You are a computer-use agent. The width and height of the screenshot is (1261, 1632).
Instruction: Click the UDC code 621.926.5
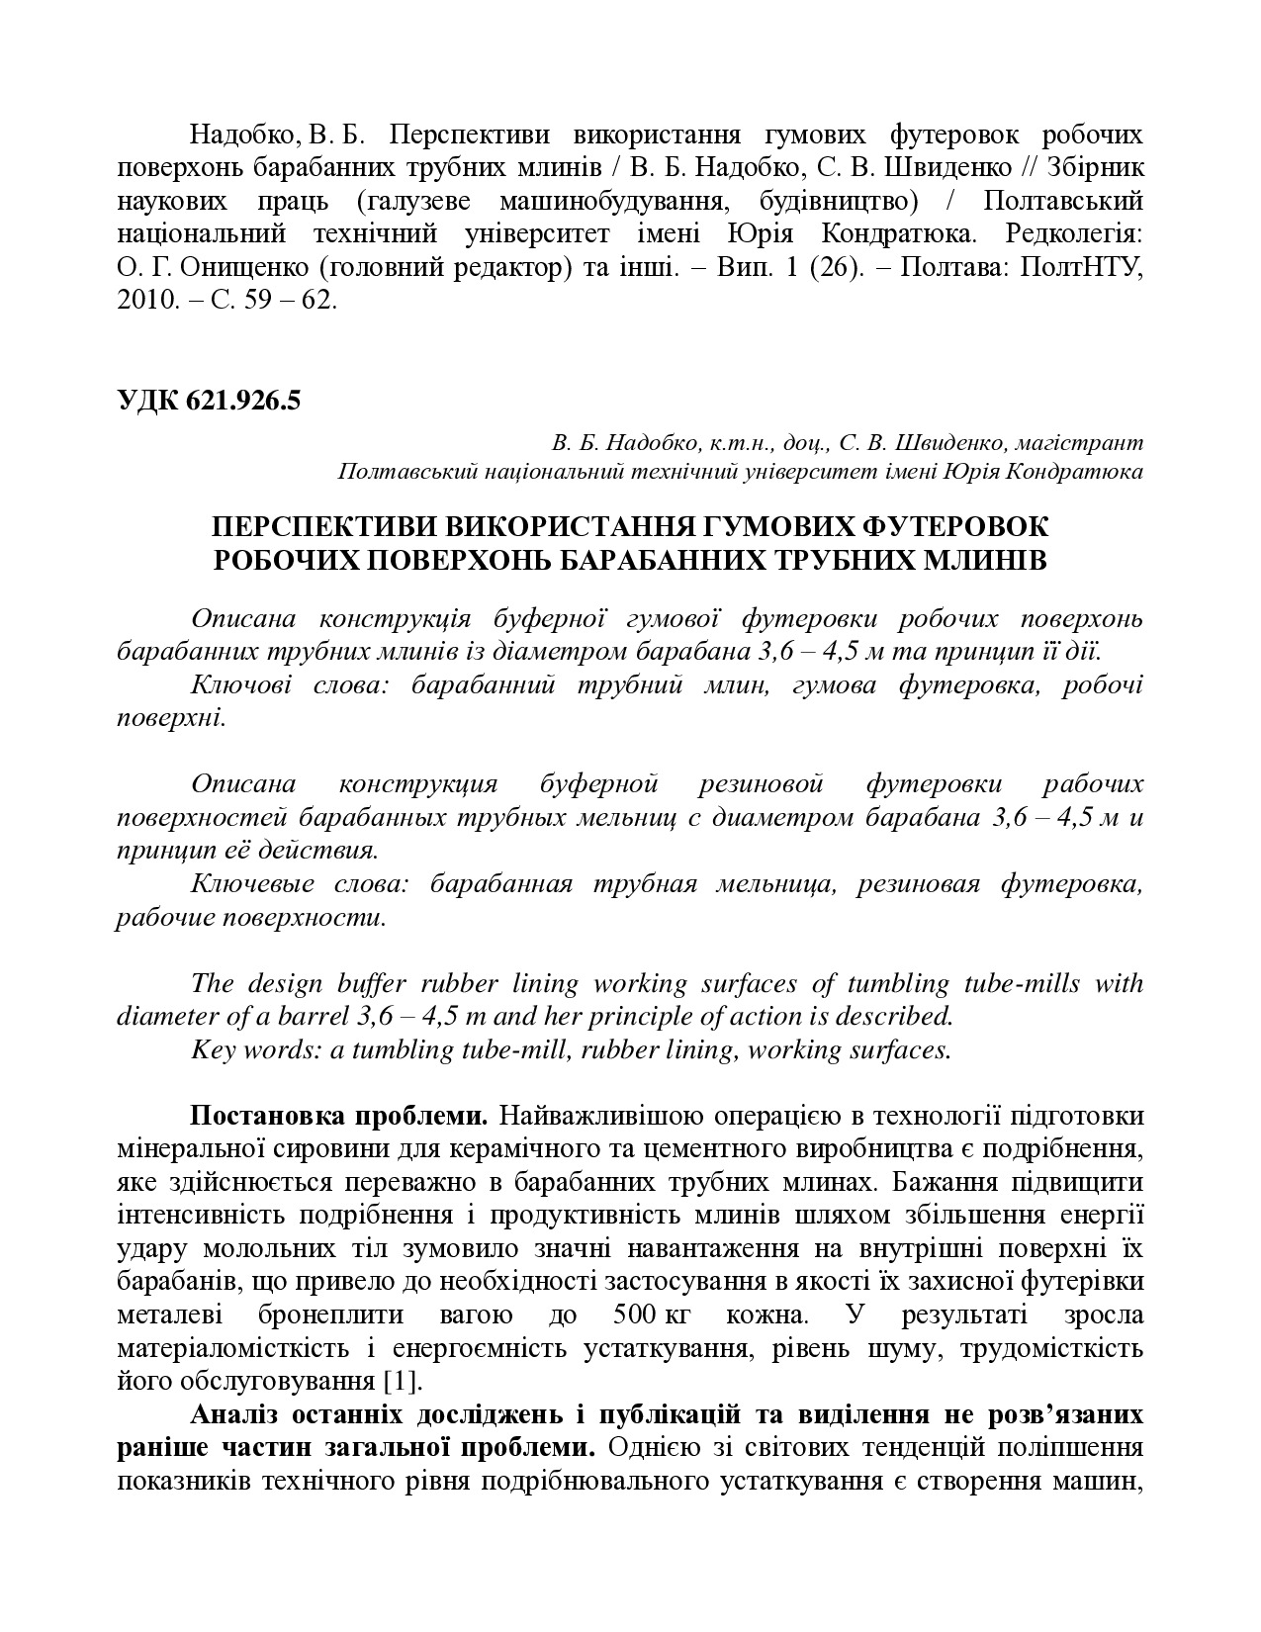tap(241, 402)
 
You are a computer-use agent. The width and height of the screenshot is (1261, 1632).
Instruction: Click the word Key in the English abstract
tap(212, 1048)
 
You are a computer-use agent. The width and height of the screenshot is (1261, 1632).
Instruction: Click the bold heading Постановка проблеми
tap(339, 1116)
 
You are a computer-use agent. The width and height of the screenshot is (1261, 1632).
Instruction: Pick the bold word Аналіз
tap(238, 1413)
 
